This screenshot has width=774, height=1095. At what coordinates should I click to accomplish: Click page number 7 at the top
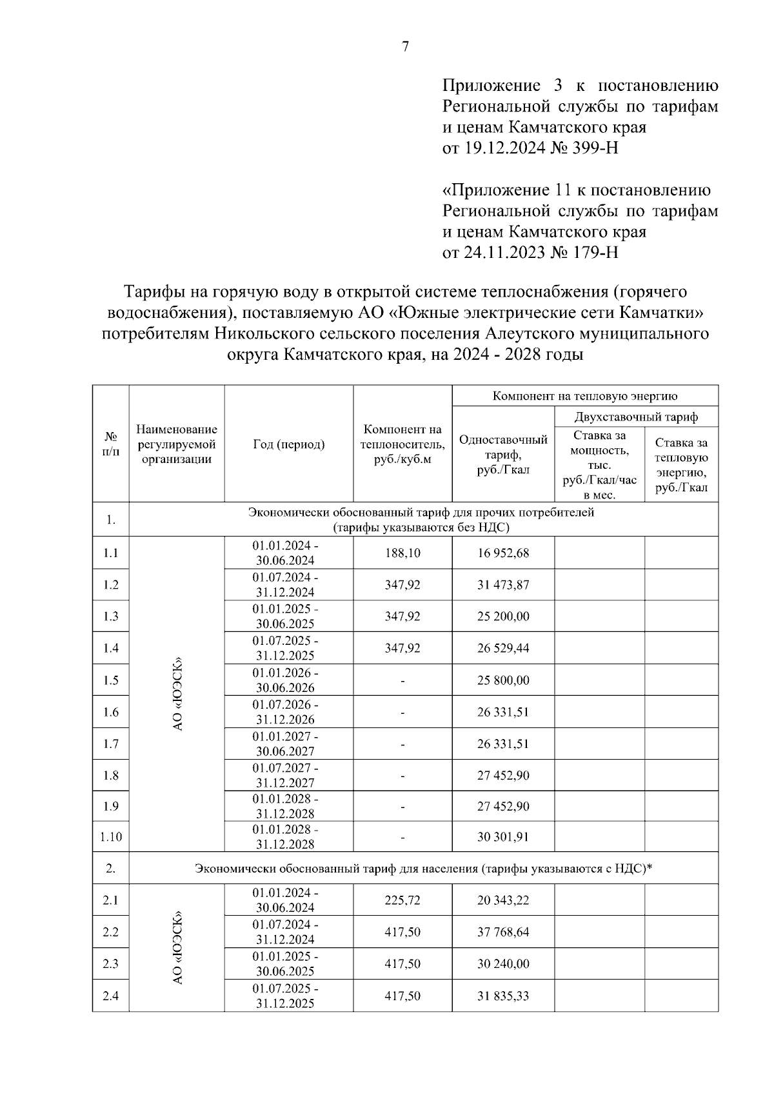(x=405, y=47)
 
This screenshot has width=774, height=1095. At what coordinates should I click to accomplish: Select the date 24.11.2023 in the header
(x=503, y=252)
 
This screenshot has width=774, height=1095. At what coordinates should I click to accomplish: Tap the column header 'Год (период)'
(x=288, y=444)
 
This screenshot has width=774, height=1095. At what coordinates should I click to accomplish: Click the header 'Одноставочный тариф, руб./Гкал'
(x=503, y=455)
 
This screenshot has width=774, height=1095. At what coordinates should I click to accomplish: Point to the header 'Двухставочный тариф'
(x=636, y=417)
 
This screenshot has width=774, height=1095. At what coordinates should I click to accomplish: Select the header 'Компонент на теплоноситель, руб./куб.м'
(x=402, y=444)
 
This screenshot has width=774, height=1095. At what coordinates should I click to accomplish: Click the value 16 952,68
(x=503, y=553)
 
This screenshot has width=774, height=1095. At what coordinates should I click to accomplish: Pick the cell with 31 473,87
(x=503, y=585)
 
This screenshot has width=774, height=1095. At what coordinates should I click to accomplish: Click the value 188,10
(x=402, y=553)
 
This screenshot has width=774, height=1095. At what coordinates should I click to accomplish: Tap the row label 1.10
(x=111, y=837)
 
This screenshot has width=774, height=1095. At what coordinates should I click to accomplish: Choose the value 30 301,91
(x=503, y=837)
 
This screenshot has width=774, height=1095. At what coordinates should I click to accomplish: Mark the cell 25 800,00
(x=503, y=680)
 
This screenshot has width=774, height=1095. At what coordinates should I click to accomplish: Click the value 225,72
(x=402, y=900)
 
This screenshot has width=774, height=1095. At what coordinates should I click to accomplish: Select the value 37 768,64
(x=503, y=932)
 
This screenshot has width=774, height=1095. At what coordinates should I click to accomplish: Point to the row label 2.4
(x=111, y=996)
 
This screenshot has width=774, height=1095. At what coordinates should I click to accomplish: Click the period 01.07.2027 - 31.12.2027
(x=285, y=775)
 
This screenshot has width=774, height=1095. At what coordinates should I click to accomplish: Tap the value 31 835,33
(x=503, y=996)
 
